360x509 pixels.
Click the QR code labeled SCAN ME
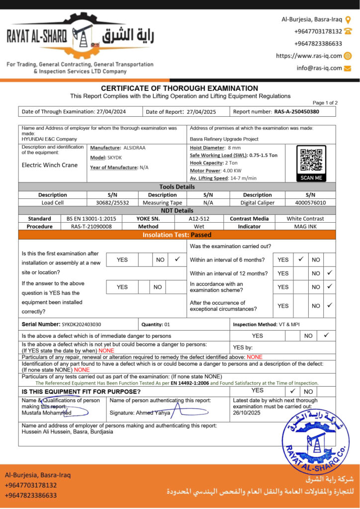(311, 160)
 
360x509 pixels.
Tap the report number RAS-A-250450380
(296, 112)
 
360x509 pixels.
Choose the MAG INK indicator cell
(305, 227)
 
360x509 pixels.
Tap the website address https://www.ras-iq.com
(309, 56)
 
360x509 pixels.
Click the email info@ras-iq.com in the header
(319, 68)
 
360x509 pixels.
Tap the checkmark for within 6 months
(300, 259)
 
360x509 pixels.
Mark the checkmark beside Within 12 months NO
(329, 273)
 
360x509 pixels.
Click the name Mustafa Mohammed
(47, 413)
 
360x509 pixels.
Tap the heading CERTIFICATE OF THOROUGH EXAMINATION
(180, 88)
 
